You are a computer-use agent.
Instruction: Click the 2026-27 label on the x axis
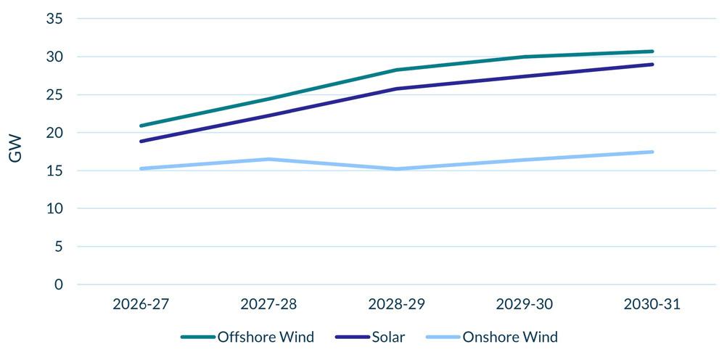[x=140, y=304]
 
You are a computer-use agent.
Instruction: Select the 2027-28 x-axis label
[x=268, y=304]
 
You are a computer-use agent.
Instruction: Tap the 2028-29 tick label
[x=397, y=304]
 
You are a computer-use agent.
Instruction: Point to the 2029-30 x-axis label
[x=525, y=304]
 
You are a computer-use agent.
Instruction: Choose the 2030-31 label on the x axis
[x=652, y=304]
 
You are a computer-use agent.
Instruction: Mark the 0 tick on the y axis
[x=58, y=285]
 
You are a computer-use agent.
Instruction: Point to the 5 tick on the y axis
[x=58, y=247]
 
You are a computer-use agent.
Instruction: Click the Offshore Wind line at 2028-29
[x=397, y=70]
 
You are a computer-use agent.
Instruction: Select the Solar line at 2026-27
[x=140, y=142]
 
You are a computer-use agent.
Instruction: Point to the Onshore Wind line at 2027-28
[x=268, y=159]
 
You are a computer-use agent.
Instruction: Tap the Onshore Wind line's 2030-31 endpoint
[x=652, y=152]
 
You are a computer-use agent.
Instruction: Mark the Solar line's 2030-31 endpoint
[x=652, y=65]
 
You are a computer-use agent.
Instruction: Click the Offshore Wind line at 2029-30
[x=525, y=57]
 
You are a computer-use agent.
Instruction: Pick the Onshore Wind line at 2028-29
[x=397, y=169]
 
